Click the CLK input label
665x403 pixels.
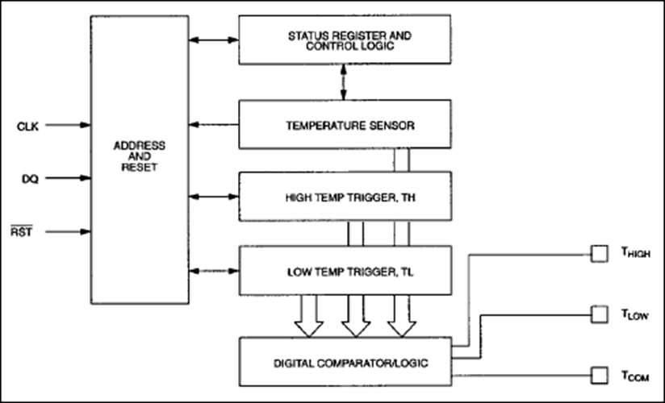27,127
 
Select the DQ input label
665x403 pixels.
30,179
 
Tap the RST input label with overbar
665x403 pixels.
22,231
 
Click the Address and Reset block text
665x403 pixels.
140,156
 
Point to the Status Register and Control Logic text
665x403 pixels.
350,41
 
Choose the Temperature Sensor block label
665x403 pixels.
350,126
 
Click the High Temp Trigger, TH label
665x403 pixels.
350,198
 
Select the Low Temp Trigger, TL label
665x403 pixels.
350,272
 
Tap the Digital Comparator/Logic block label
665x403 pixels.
351,364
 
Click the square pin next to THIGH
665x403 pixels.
600,254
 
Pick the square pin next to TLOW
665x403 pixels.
600,315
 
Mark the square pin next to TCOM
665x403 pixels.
600,376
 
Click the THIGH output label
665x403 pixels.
636,252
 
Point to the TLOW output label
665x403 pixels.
635,314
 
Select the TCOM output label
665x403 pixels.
635,376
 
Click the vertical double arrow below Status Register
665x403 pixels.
344,82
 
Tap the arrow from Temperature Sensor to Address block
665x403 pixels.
214,125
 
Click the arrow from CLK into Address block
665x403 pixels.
68,125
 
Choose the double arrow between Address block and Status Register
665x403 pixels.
214,40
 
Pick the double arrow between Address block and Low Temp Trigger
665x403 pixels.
214,271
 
